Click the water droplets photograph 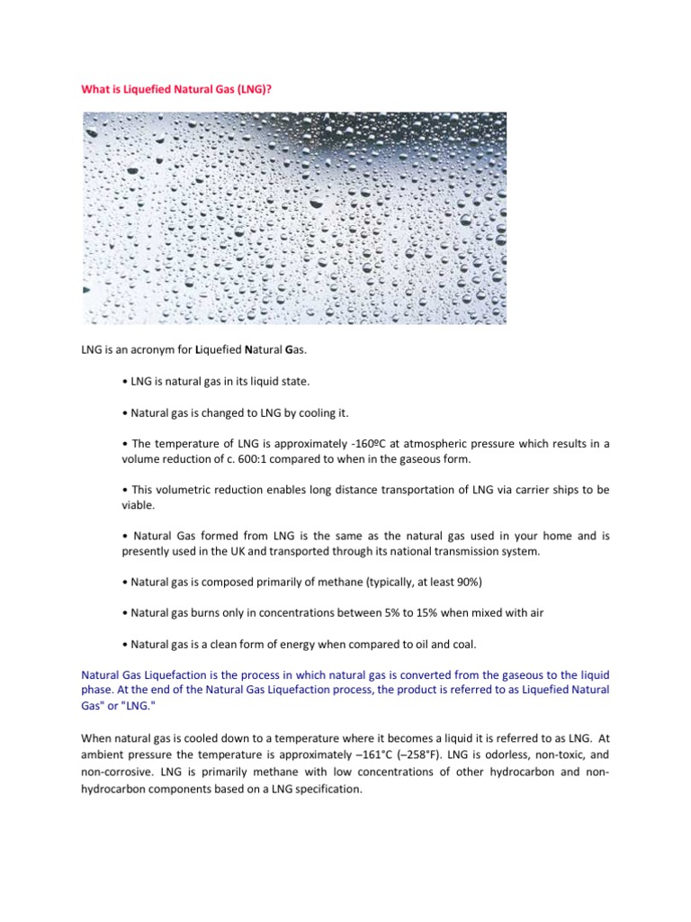pos(294,218)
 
